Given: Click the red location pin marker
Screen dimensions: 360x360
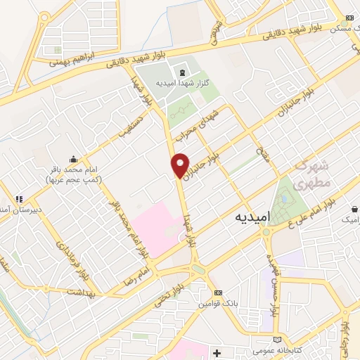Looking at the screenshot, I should click(181, 165).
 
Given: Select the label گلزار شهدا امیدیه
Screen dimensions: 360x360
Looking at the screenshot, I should click(182, 83).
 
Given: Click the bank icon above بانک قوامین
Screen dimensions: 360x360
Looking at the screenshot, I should click(218, 292).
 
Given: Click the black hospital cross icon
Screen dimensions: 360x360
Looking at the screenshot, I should click(217, 351).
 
